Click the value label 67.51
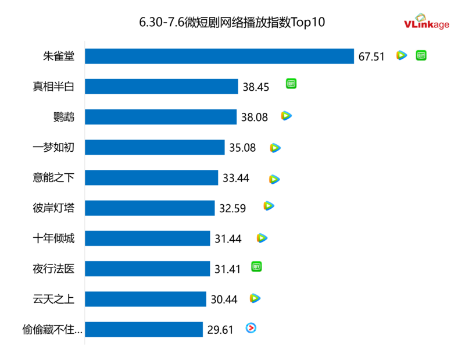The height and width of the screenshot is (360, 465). pos(371,56)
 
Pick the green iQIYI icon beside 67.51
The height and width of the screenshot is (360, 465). pos(421,55)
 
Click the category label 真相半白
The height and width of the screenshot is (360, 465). pos(58,87)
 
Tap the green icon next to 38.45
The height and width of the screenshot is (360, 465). pos(291,84)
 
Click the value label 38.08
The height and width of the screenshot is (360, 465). pos(255,117)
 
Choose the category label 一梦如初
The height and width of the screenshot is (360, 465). pos(58,147)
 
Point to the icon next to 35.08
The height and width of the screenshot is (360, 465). pos(275,148)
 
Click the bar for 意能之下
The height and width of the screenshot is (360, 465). pos(152,177)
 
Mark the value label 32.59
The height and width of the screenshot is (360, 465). pos(233,208)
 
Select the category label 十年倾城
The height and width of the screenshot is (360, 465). pos(58,238)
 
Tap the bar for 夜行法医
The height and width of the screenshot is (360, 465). pos(148,269)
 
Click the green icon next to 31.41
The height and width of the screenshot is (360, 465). pos(256,266)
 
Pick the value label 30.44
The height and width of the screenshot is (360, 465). pos(224,299)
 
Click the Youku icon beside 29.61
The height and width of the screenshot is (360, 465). pos(251,328)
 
